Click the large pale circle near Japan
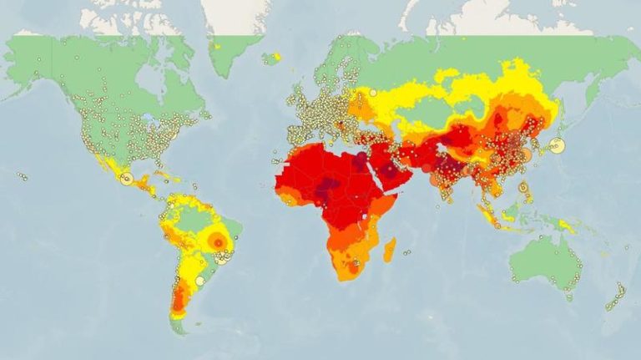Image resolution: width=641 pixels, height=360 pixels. (558, 145)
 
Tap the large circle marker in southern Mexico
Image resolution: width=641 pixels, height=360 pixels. (127, 179)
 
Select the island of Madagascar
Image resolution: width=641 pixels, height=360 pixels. (389, 249)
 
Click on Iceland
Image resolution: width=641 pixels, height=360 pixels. (271, 58)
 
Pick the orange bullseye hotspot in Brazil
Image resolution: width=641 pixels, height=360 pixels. (219, 241)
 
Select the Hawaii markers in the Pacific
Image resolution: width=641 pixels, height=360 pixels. (23, 176)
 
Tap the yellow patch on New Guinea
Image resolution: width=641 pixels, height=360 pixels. (568, 225)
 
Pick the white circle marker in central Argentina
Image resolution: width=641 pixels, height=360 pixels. (199, 281)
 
